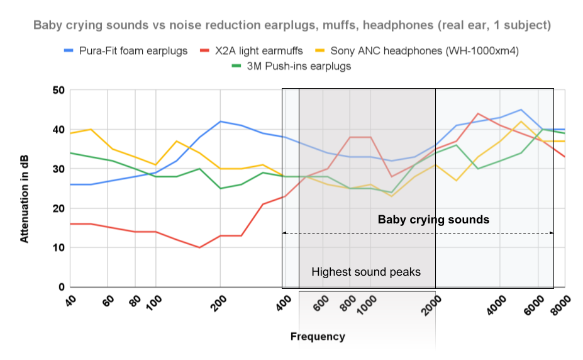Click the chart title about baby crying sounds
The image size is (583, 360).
292,26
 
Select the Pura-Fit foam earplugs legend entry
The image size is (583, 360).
133,51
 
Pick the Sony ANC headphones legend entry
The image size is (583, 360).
424,51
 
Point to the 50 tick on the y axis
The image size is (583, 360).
58,90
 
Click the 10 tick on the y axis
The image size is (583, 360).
58,247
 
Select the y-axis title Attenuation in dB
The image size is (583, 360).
25,189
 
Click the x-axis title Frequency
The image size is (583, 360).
318,337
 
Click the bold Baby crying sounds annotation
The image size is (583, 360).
433,220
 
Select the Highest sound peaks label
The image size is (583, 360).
365,272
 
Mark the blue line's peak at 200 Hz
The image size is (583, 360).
220,121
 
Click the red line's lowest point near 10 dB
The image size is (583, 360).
199,247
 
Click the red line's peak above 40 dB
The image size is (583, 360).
479,114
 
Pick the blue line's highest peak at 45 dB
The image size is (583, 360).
521,110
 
